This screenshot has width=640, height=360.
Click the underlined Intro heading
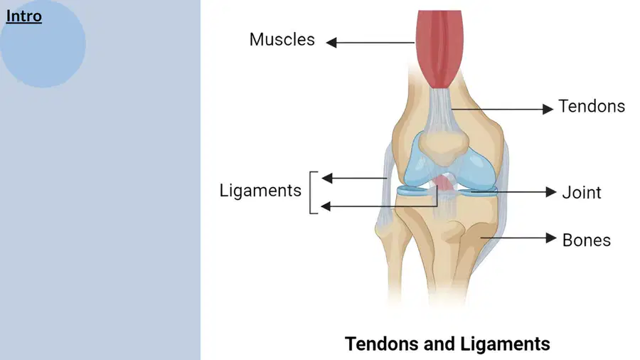click(x=23, y=16)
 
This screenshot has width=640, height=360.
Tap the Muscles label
click(x=282, y=40)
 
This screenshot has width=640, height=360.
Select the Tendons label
click(x=592, y=106)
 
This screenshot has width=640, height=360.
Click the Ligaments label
click(x=260, y=191)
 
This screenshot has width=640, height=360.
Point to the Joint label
click(x=582, y=193)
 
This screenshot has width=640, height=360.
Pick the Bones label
click(x=587, y=240)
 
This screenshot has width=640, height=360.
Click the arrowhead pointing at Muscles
click(x=331, y=43)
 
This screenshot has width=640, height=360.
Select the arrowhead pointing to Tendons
click(x=548, y=109)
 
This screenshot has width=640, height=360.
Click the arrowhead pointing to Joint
click(x=551, y=192)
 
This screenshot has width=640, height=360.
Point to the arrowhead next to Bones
click(x=551, y=238)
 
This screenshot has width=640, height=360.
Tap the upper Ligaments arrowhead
click(x=327, y=178)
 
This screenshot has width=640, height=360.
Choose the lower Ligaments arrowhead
click(x=326, y=206)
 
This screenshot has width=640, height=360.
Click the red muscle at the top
click(x=439, y=49)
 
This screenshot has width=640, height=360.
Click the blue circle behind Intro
click(x=43, y=44)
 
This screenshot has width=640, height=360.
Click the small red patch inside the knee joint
click(x=444, y=184)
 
